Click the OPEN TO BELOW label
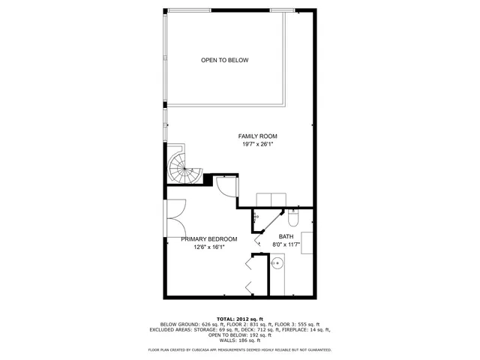pyautogui.click(x=224, y=60)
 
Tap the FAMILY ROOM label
pyautogui.click(x=258, y=136)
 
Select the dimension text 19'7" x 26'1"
pyautogui.click(x=258, y=144)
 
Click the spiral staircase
pyautogui.click(x=182, y=166)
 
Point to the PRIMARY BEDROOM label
pyautogui.click(x=209, y=239)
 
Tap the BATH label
pyautogui.click(x=286, y=237)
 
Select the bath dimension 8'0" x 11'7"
pyautogui.click(x=286, y=244)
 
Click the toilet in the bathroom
pyautogui.click(x=293, y=217)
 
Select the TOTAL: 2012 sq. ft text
pyautogui.click(x=240, y=319)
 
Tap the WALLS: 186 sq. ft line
pyautogui.click(x=240, y=340)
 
